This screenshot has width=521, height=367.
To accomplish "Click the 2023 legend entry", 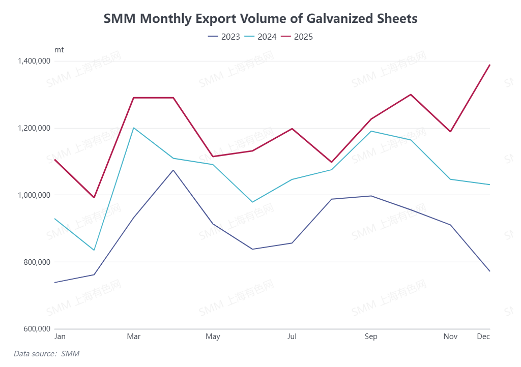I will coord(224,37).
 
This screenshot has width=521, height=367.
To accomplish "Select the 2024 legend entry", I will coord(261,37).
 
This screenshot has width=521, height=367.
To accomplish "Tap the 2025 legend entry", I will coord(298,37).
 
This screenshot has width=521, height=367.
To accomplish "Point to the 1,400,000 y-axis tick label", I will coord(34,61).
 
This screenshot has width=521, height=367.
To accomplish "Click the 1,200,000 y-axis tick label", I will coord(34,128).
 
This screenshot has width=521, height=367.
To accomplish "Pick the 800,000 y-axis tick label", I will coord(36,262).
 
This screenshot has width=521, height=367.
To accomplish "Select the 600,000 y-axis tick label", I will coord(36,329).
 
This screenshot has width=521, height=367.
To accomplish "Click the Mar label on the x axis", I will coord(134,337).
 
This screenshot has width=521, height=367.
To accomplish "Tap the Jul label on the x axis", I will coord(292,337).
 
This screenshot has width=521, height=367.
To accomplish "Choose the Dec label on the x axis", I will coord(483,337).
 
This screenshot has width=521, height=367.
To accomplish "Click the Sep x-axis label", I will coord(371,337).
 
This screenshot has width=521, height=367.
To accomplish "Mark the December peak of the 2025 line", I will coord(489,65).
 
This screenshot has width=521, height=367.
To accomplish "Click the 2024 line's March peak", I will coord(134,128).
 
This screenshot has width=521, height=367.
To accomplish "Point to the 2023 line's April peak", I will coord(173,170).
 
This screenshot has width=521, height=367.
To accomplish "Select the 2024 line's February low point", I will coord(94,250).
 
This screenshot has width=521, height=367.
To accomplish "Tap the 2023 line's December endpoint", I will coord(489,271).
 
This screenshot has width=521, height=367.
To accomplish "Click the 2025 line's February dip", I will coord(94,198).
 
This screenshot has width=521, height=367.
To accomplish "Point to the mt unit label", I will coord(59,50).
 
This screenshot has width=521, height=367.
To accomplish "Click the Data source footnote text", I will coord(46,353).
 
